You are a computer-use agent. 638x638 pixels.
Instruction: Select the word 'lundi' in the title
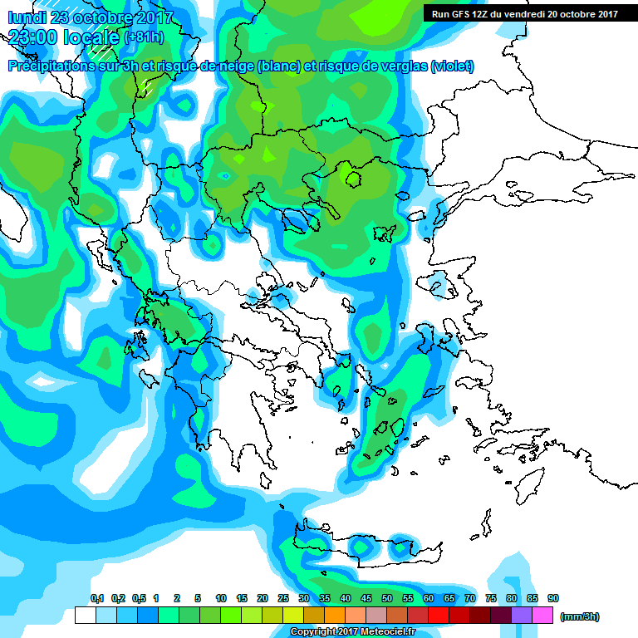(27, 17)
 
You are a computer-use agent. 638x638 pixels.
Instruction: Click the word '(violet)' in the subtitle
(452, 66)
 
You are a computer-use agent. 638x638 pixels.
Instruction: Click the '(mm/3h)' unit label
(579, 616)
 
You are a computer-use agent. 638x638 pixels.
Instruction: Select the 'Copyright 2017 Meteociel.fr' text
(352, 631)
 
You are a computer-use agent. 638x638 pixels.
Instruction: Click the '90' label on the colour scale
(552, 598)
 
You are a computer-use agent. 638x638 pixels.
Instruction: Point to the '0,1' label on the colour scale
(96, 598)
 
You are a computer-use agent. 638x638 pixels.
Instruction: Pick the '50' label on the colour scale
(387, 598)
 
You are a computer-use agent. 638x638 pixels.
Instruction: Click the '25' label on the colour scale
(283, 598)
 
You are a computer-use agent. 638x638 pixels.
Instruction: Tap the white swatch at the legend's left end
(85, 616)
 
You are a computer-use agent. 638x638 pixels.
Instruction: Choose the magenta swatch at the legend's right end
(542, 616)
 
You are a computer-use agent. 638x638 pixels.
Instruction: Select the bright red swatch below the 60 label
(439, 616)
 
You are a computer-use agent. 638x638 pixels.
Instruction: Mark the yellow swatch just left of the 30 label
(293, 616)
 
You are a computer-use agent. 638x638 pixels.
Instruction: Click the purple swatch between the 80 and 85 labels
(522, 616)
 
